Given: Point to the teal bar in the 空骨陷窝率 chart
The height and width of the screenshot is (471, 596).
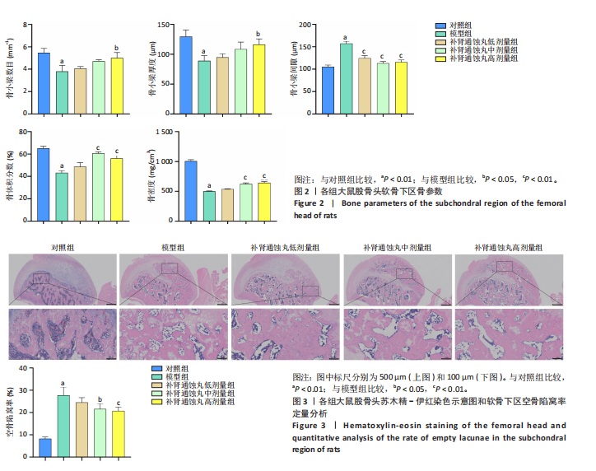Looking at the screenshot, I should [x=63, y=425].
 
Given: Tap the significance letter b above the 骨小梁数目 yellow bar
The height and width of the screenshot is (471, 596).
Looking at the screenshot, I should [x=116, y=48].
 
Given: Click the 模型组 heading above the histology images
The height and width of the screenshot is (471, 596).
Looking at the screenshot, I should [x=173, y=248].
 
